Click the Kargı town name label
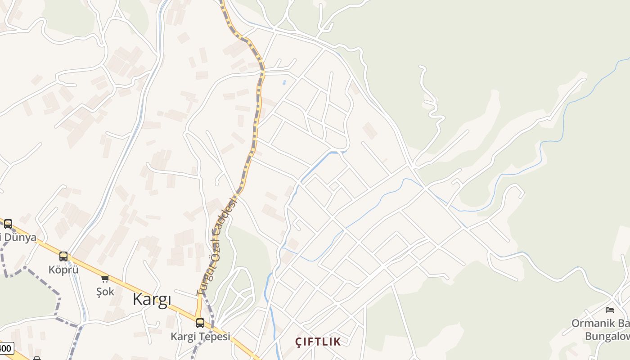click(152, 300)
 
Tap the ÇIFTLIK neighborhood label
click(318, 342)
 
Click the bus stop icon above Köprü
click(63, 256)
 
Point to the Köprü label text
click(63, 270)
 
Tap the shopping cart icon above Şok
click(105, 279)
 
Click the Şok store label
click(105, 292)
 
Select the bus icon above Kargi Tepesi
click(200, 323)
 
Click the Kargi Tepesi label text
click(200, 336)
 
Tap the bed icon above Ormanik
click(610, 310)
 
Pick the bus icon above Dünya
click(8, 224)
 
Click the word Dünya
click(20, 237)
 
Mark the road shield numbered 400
click(5, 348)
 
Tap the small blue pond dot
click(284, 82)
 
